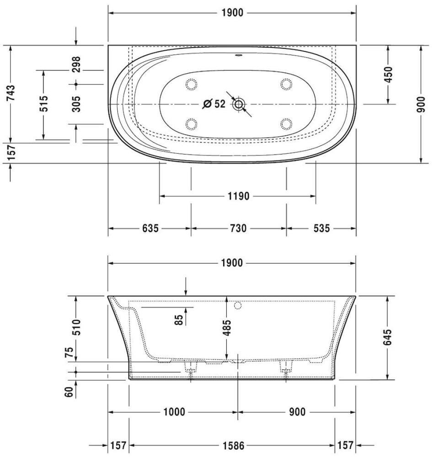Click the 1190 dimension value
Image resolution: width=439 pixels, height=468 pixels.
pyautogui.click(x=238, y=197)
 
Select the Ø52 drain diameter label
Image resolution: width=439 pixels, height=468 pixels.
pyautogui.click(x=214, y=104)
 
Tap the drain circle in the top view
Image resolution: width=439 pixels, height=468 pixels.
pyautogui.click(x=239, y=104)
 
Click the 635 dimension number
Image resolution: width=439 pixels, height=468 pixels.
pyautogui.click(x=150, y=229)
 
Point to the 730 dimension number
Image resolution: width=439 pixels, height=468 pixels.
pyautogui.click(x=239, y=229)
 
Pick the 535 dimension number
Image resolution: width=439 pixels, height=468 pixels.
pyautogui.click(x=321, y=229)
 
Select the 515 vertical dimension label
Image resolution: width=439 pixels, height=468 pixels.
pyautogui.click(x=44, y=104)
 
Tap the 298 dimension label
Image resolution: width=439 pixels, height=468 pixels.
pyautogui.click(x=76, y=64)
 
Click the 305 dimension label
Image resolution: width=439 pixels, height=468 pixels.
pyautogui.click(x=76, y=104)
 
